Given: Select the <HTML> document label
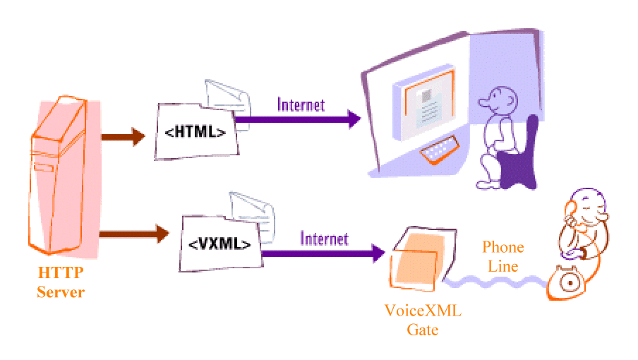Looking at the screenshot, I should point(195,131).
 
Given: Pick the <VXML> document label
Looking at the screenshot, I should point(219,244).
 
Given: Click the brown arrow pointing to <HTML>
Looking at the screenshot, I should point(122,136).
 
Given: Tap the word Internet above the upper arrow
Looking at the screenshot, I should point(301,104).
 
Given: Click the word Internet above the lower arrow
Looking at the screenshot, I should point(324,238).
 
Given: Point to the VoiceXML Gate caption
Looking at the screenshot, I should point(423,320).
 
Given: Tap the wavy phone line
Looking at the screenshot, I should point(494,283).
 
